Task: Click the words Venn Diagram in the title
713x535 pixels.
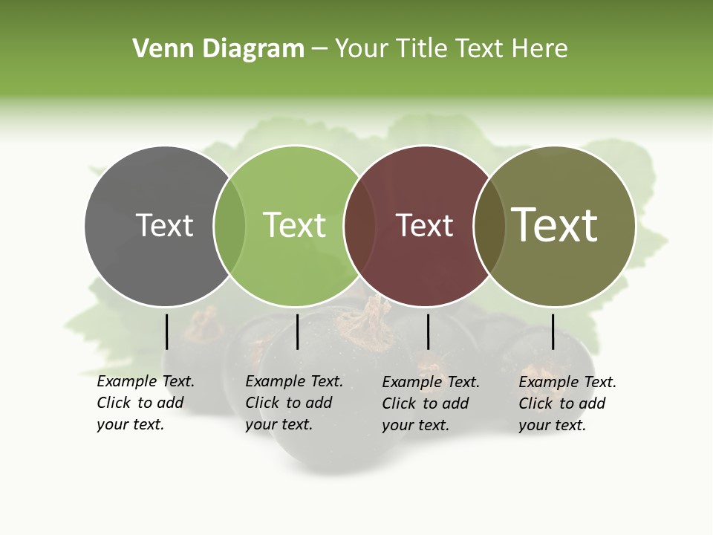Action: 218,49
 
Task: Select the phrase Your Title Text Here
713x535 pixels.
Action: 451,49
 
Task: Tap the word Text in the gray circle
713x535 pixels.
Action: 164,225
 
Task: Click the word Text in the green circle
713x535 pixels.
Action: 294,225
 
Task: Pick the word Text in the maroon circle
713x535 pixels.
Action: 424,225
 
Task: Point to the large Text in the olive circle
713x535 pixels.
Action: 555,225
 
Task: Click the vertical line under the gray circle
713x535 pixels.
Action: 166,331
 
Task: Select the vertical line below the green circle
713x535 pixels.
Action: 297,331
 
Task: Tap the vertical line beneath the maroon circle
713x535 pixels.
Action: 428,331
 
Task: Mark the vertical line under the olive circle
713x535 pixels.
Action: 553,331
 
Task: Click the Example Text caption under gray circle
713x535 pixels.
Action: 145,403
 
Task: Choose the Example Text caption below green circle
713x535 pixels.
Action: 293,403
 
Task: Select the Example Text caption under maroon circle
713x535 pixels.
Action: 430,403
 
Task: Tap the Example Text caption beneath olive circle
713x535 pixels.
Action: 567,403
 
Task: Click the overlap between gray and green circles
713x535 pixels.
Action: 229,225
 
